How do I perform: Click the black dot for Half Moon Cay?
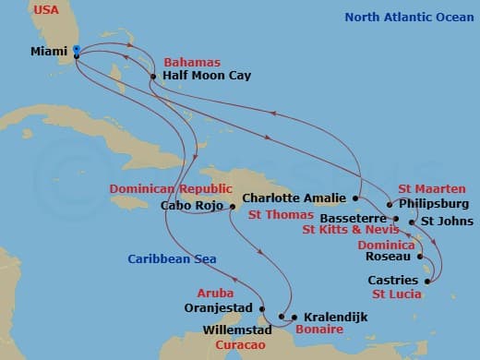[x=153, y=78]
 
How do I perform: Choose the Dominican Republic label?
[x=169, y=188]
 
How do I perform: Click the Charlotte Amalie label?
[x=294, y=198]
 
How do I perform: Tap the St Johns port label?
[x=447, y=221]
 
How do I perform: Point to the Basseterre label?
[x=355, y=219]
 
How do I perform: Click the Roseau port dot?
[x=421, y=257]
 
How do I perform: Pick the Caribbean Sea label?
[x=173, y=259]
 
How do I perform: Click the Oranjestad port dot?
[x=263, y=308]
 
